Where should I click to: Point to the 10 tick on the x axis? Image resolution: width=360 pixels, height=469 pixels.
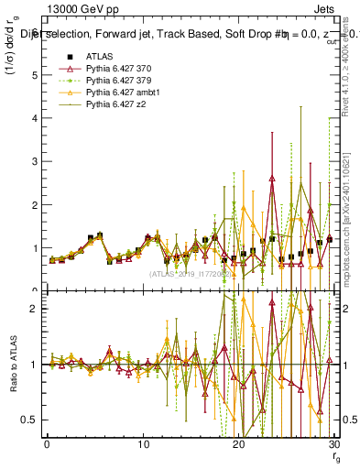[x=143, y=444]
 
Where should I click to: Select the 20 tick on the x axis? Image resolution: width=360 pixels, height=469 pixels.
[x=238, y=444]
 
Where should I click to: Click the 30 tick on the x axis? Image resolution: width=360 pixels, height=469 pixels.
[x=334, y=444]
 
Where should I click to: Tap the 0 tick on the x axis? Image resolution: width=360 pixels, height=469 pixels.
[x=47, y=444]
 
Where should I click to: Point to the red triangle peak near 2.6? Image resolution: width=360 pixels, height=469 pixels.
[x=272, y=179]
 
